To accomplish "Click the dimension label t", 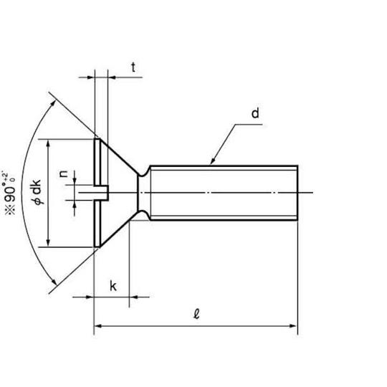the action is pyautogui.click(x=133, y=67).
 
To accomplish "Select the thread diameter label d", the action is pyautogui.click(x=255, y=113).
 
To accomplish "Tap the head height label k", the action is pyautogui.click(x=113, y=286).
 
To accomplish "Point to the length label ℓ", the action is pyautogui.click(x=196, y=314).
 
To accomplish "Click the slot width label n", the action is pyautogui.click(x=64, y=173).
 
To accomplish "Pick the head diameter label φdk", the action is pyautogui.click(x=37, y=192).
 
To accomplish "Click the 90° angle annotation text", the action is pyautogui.click(x=9, y=193).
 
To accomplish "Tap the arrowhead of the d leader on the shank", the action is pyautogui.click(x=212, y=161).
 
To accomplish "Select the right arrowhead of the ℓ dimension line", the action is pyautogui.click(x=293, y=326).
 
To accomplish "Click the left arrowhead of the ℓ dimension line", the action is pyautogui.click(x=98, y=326).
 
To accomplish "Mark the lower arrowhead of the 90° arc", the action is pyautogui.click(x=54, y=282).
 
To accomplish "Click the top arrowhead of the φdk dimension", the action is pyautogui.click(x=48, y=144).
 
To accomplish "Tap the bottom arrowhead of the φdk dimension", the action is pyautogui.click(x=48, y=242).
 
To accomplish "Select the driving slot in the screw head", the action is pyautogui.click(x=101, y=193).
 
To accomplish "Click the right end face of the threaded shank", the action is pyautogui.click(x=297, y=193).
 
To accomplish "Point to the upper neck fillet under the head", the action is pyautogui.click(x=144, y=171).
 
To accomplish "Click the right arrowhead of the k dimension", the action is pyautogui.click(x=134, y=297).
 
